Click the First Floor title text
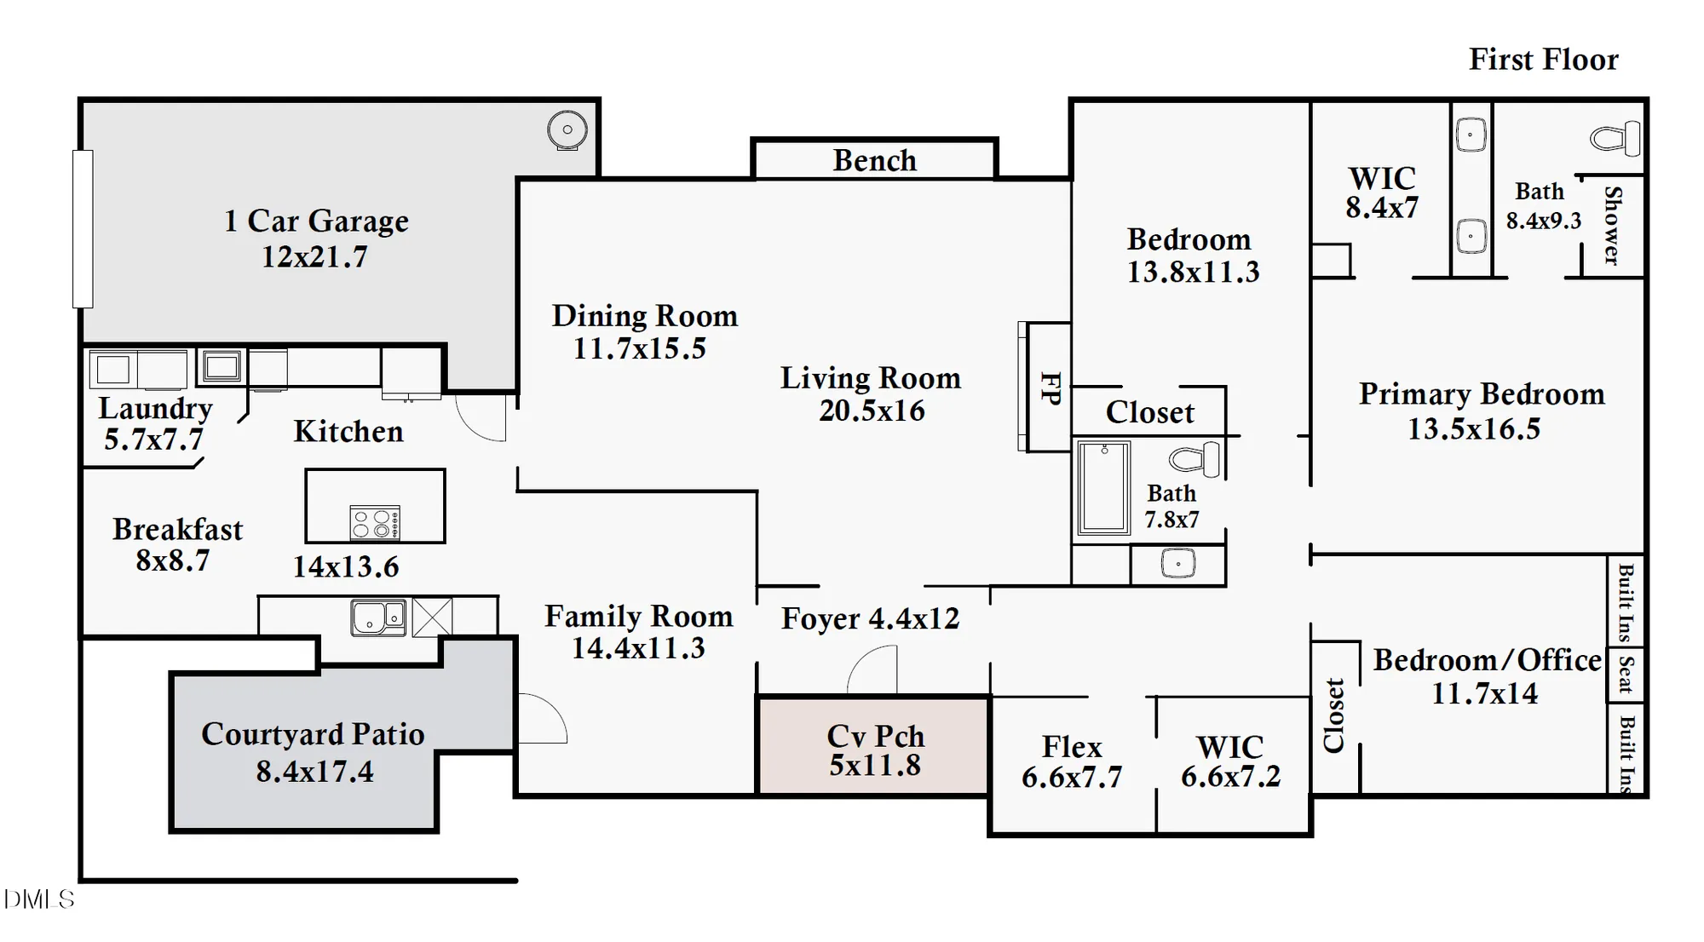click(1543, 60)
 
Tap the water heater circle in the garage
click(567, 130)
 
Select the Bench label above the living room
click(874, 160)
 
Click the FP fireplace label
click(1051, 388)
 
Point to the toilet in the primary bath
click(1615, 138)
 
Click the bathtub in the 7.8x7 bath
click(1103, 488)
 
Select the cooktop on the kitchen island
click(375, 523)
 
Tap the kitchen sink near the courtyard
click(378, 617)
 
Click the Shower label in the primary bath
click(1612, 226)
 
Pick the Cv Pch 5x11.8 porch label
click(875, 750)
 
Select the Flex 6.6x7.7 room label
click(1072, 761)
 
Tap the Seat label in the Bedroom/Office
click(1626, 675)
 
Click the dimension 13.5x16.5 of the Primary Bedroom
click(1474, 429)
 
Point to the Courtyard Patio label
click(313, 734)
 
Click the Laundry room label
click(155, 408)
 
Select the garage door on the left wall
click(83, 228)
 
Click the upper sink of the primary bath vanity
click(1471, 135)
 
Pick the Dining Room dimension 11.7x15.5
click(639, 348)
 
